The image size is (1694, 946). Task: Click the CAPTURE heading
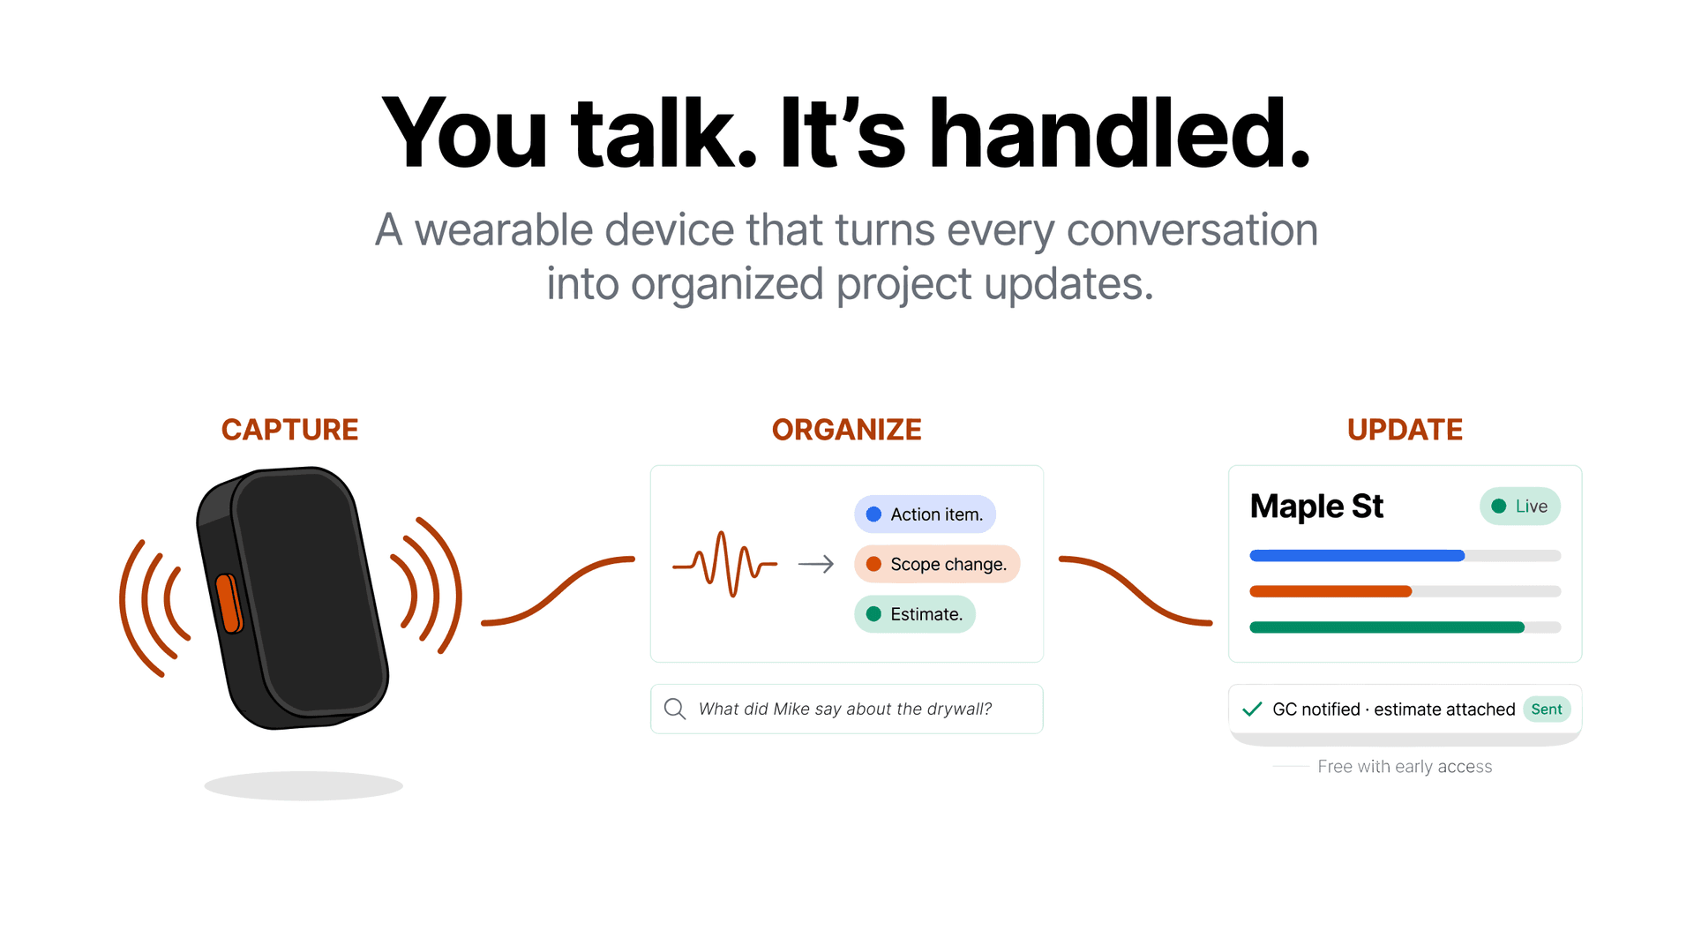289,430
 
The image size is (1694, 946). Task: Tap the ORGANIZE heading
846,430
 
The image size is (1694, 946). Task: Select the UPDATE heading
1405,430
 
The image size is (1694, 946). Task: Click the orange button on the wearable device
229,604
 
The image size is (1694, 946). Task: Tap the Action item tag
925,514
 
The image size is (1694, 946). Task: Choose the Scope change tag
936,565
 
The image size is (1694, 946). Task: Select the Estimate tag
914,614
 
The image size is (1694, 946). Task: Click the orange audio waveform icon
724,564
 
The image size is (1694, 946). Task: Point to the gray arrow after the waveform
815,564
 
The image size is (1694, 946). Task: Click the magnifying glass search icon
675,709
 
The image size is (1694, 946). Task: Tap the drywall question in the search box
844,709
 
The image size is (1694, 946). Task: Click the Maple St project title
1316,507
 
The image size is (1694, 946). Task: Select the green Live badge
1519,507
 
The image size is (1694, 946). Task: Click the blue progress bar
1357,556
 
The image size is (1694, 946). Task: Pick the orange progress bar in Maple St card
1330,591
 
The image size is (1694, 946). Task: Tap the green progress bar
1386,627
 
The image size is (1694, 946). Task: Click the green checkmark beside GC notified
1252,709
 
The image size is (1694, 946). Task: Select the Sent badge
1546,709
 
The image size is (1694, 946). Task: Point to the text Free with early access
1405,767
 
